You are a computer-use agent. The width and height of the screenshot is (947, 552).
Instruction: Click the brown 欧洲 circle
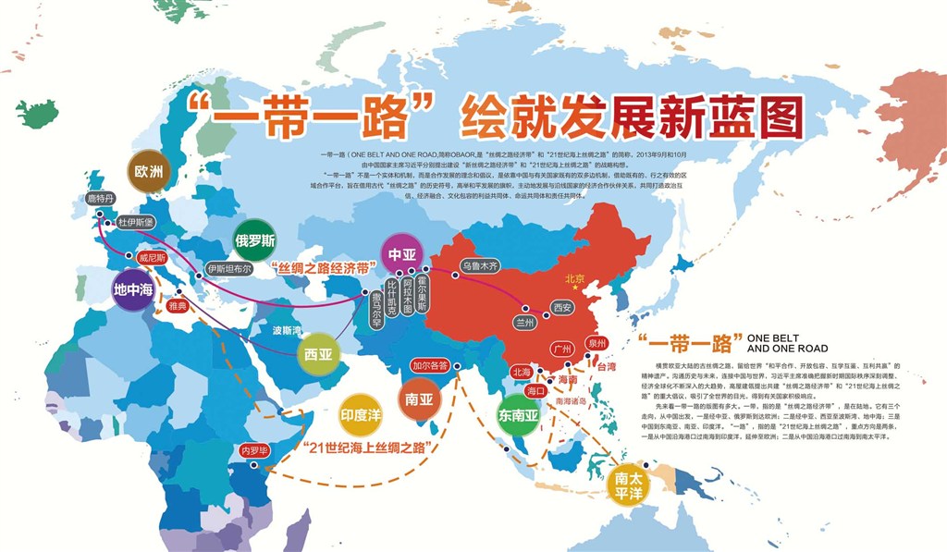149,171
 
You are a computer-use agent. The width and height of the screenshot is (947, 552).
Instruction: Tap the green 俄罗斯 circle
255,240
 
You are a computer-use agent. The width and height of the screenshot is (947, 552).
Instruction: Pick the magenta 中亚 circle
402,253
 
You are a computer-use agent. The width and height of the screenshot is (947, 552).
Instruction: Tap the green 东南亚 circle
519,416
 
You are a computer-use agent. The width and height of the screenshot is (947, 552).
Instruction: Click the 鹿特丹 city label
102,199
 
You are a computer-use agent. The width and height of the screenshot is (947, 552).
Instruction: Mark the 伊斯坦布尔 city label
228,268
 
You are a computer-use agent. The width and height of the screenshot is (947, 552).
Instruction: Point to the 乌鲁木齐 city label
480,265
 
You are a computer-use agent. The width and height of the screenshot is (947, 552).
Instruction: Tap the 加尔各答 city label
431,365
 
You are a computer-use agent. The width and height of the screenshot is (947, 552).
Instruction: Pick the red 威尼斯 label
153,259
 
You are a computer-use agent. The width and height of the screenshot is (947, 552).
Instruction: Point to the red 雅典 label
178,303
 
